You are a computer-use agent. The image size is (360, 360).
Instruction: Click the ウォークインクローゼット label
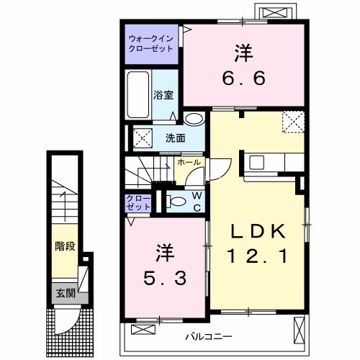(150, 43)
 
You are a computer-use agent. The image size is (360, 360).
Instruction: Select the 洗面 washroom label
(174, 137)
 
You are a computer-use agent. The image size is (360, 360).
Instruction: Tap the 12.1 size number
(258, 256)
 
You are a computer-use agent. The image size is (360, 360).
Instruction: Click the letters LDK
(258, 231)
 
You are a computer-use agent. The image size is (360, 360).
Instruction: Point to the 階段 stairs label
(66, 246)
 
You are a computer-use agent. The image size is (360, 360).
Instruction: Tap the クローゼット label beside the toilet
(139, 202)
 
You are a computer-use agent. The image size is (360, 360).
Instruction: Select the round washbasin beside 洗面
(193, 120)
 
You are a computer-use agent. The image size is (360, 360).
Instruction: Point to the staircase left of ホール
(147, 175)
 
